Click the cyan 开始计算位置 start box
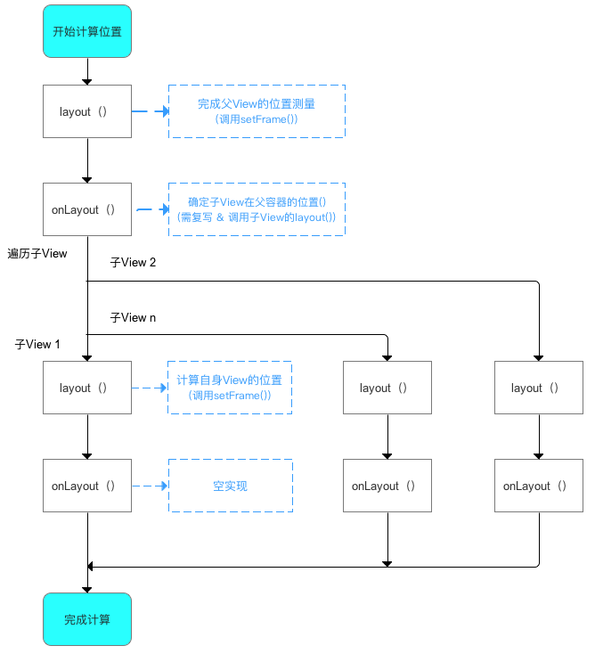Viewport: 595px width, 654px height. pos(87,31)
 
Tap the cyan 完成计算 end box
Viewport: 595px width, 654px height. pos(87,619)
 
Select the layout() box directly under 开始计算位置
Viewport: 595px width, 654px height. pos(87,111)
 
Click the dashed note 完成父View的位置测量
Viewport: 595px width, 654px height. pos(257,111)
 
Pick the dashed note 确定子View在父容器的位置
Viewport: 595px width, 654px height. pos(257,209)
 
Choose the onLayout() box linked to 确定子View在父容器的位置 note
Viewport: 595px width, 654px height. pos(87,209)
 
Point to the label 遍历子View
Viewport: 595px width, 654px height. pos(37,254)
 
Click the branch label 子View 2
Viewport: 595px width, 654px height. pos(134,263)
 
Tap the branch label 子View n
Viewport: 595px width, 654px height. pos(134,317)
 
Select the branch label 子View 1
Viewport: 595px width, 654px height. pos(38,344)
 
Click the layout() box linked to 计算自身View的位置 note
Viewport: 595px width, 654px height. pos(87,388)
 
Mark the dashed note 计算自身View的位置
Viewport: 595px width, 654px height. pos(230,388)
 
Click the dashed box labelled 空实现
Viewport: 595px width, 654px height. pos(230,486)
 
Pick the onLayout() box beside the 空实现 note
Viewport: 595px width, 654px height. pos(87,486)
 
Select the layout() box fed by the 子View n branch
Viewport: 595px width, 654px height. pos(387,388)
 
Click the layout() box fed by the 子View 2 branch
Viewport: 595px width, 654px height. pos(539,388)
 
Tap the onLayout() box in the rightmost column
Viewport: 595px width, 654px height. pos(539,486)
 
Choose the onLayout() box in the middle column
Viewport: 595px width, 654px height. pos(387,486)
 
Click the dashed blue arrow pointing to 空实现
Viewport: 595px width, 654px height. pos(150,486)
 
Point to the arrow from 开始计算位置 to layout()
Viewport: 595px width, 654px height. pos(87,71)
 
